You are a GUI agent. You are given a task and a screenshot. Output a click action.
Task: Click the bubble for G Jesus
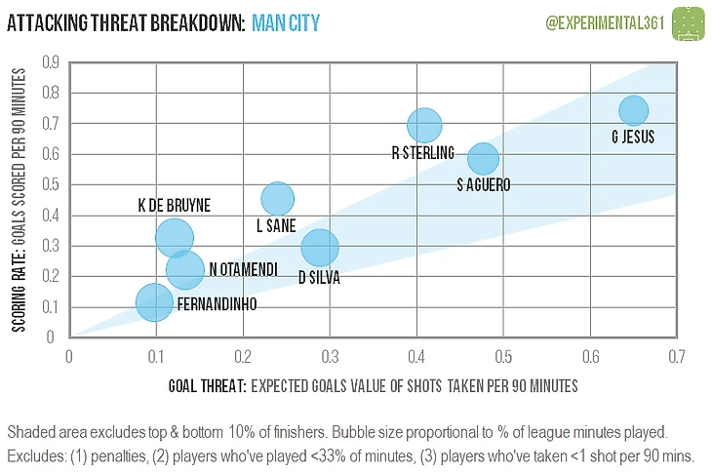[x=633, y=110]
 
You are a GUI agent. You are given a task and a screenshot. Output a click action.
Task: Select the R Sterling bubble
[x=424, y=125]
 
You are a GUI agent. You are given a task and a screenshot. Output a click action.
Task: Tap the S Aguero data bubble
[x=483, y=158]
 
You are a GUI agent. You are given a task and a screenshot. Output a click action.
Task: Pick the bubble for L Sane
[x=278, y=199]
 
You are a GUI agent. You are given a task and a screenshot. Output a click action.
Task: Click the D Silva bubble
[x=320, y=247]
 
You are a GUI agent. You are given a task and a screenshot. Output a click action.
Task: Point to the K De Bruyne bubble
[x=174, y=237]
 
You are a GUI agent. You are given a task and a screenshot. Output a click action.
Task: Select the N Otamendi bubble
[x=184, y=268]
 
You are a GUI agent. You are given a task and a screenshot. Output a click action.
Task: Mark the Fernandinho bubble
[x=153, y=302]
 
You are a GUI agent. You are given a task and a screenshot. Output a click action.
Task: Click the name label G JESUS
[x=632, y=138]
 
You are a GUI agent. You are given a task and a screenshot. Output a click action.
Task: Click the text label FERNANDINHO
[x=218, y=304]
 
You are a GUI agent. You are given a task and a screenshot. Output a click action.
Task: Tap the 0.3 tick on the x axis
[x=329, y=357]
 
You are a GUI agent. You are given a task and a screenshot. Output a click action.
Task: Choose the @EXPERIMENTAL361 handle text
[x=601, y=21]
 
